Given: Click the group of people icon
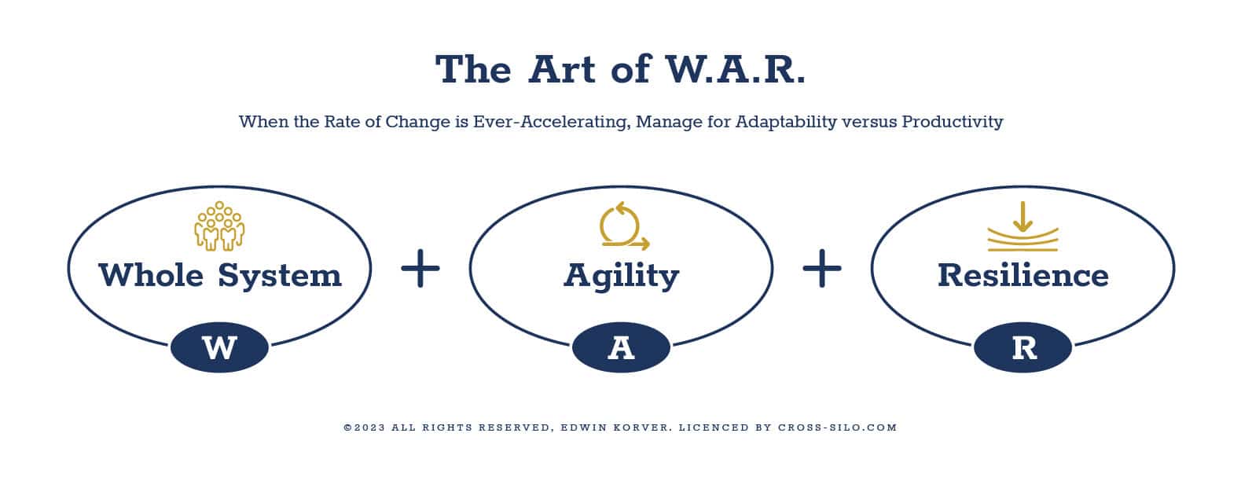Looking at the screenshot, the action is (219, 226).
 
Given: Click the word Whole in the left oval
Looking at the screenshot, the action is (151, 275).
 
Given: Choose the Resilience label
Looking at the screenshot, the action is (1023, 275).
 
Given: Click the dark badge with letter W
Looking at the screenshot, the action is (219, 347).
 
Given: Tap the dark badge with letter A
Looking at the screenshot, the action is (621, 347).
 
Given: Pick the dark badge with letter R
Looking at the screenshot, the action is (1023, 347).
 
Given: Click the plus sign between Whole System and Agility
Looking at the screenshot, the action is (420, 268).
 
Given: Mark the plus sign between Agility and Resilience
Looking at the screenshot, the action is (822, 268).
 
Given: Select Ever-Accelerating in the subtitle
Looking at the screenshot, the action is (552, 122).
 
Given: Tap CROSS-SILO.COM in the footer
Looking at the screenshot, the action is (838, 427).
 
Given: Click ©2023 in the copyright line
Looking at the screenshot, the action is (365, 427).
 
